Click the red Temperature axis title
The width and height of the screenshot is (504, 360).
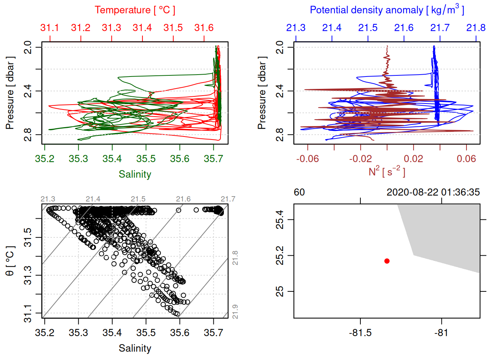coord(135,10)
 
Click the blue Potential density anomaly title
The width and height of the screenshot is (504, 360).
coord(387,10)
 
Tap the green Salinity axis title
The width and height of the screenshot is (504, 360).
coord(135,174)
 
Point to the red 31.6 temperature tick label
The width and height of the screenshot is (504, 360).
coord(204,28)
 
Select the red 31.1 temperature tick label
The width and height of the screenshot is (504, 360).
coord(49,28)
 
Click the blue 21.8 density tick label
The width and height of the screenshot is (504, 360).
coord(475,28)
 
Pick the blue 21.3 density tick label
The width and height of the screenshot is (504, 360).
coord(295,28)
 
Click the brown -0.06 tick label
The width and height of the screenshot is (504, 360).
coord(307,159)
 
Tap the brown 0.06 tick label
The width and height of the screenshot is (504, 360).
coord(466,159)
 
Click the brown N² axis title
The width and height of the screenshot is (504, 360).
coord(387,171)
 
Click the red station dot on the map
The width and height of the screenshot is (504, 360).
coord(387,261)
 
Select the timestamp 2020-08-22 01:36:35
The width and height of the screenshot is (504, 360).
coord(433,192)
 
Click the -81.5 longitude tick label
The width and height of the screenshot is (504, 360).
coord(360,333)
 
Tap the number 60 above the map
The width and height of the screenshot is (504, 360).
coord(299,192)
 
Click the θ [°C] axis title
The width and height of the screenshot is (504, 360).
coord(10,261)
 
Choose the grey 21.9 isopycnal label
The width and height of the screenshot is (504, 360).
coord(235,312)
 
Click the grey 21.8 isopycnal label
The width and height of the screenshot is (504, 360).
coord(235,258)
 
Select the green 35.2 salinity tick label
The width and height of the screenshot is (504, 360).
coord(45,159)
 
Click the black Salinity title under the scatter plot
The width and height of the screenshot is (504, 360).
coord(135,348)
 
